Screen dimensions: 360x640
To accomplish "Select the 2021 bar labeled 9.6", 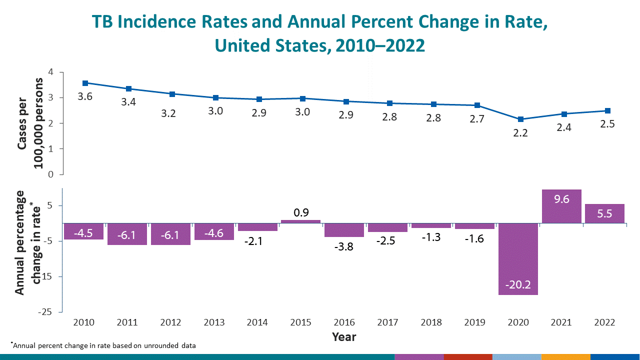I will [561, 206].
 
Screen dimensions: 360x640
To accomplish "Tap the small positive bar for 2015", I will [300, 221].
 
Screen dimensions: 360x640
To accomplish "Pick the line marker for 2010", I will [85, 83].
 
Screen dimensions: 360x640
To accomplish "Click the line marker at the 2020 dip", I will [520, 119].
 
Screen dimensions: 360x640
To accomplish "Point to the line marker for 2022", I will [607, 110].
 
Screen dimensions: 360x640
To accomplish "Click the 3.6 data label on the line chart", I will [85, 96].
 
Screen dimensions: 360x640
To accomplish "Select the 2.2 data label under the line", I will [520, 133].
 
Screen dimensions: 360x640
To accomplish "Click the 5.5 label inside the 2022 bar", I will [605, 213].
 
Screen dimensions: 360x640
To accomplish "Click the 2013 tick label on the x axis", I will [214, 322].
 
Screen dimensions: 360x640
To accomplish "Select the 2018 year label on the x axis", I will [431, 322].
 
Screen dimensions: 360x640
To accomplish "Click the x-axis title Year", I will [344, 336].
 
